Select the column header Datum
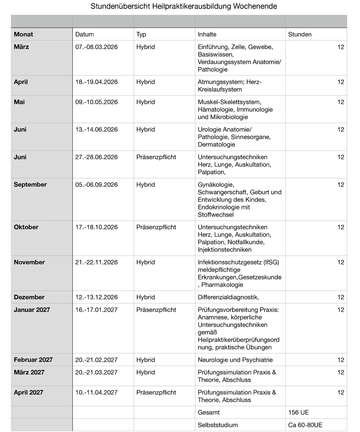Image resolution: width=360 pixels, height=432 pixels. tap(84, 34)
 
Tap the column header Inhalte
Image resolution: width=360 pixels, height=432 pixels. tap(207, 34)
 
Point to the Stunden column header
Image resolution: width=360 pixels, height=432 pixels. tap(300, 34)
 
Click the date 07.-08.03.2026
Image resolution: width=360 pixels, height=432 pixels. tap(96, 47)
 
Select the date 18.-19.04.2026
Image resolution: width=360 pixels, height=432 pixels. tap(96, 82)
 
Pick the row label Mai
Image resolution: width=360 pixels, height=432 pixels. tap(19, 102)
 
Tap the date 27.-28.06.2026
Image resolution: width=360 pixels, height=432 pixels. tap(96, 157)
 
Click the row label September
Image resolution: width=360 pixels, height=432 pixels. tap(30, 185)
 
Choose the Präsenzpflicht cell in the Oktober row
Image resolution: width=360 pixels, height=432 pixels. tap(156, 227)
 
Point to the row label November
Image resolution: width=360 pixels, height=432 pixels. tap(29, 262)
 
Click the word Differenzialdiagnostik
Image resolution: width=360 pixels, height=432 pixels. tap(228, 297)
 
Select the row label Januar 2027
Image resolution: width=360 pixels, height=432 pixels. tap(32, 310)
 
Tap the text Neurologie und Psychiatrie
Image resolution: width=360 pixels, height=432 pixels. tap(235, 360)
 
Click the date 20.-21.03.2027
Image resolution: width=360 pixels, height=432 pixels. tap(96, 372)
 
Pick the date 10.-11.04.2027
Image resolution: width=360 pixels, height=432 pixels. tap(96, 392)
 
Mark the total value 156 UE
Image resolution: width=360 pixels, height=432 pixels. tap(298, 412)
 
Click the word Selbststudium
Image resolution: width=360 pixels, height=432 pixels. tap(217, 425)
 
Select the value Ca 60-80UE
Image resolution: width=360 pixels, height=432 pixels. tap(305, 425)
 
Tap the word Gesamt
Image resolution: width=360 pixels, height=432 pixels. tap(209, 412)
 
